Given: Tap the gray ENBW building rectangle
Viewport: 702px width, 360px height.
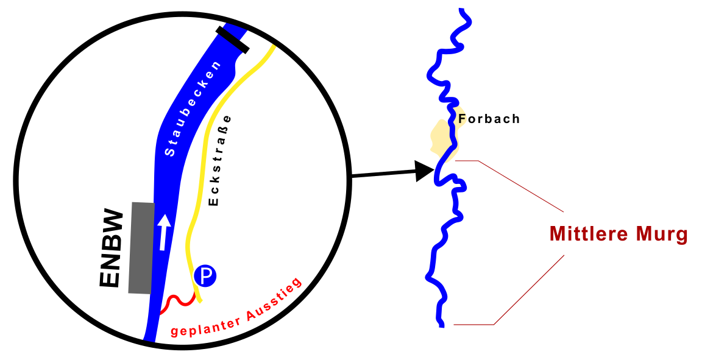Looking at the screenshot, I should [141, 247].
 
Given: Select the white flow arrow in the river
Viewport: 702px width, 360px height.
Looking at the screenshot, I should [163, 232].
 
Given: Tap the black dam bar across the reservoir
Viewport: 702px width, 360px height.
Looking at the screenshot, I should [232, 39].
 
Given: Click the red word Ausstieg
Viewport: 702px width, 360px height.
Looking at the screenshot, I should [274, 299].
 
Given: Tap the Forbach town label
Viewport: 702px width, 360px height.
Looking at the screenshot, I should [489, 119].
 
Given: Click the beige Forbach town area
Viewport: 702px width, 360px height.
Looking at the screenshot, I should [440, 137].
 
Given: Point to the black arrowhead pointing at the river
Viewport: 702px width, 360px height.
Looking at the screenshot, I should [424, 171].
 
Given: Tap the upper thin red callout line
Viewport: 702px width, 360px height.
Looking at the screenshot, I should [522, 186].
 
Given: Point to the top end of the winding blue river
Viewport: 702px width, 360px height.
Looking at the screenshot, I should [462, 10].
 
